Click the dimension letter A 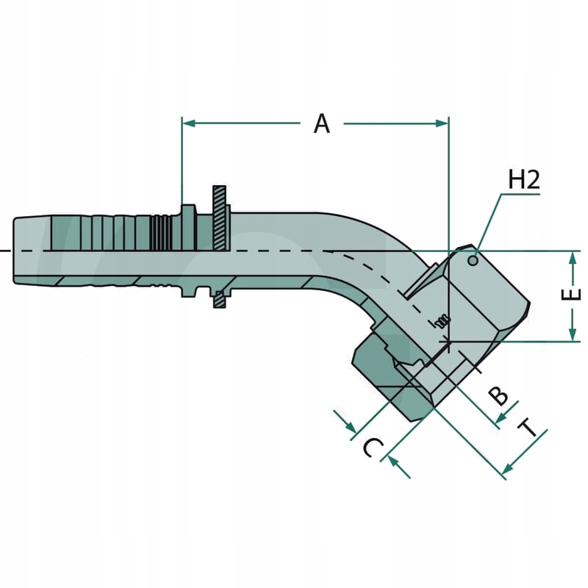(321, 123)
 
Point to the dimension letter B (499, 395)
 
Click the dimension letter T (528, 428)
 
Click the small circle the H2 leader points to (473, 258)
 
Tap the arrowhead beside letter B (500, 420)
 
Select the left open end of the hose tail (15, 251)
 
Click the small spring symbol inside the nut (442, 320)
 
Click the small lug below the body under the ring (218, 298)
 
